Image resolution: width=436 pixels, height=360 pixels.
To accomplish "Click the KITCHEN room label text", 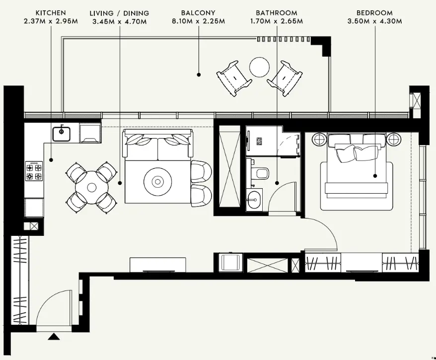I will (51, 12).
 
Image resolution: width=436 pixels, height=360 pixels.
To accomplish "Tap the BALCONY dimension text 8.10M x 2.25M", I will (198, 21).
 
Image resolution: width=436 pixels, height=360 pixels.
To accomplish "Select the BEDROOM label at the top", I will (375, 12).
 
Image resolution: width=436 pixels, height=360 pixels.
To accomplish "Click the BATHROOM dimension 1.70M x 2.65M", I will (277, 21).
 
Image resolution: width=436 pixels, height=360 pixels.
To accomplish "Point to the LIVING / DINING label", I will (119, 12).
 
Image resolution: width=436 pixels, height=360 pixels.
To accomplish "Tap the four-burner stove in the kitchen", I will (34, 171).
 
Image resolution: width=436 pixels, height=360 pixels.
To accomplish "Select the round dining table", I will (91, 187).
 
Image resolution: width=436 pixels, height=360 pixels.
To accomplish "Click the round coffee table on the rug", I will (158, 182).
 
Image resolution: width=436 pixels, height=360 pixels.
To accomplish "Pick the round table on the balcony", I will (259, 67).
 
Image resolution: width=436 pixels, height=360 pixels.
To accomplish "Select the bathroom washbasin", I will (255, 202).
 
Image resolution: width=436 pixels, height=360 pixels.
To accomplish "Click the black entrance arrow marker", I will (54, 338).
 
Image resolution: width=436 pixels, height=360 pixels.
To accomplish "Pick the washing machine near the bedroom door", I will (229, 263).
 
